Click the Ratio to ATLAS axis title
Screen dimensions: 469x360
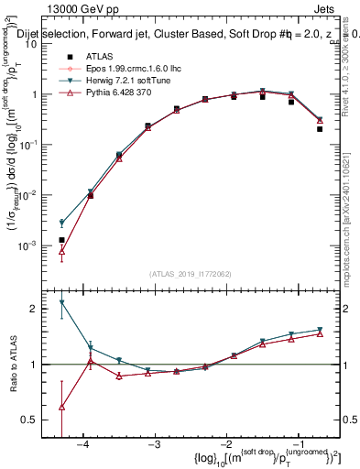point(13,365)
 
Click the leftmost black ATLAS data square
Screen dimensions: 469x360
point(61,240)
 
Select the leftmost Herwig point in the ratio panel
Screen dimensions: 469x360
point(61,302)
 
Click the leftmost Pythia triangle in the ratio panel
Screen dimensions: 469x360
point(61,408)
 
